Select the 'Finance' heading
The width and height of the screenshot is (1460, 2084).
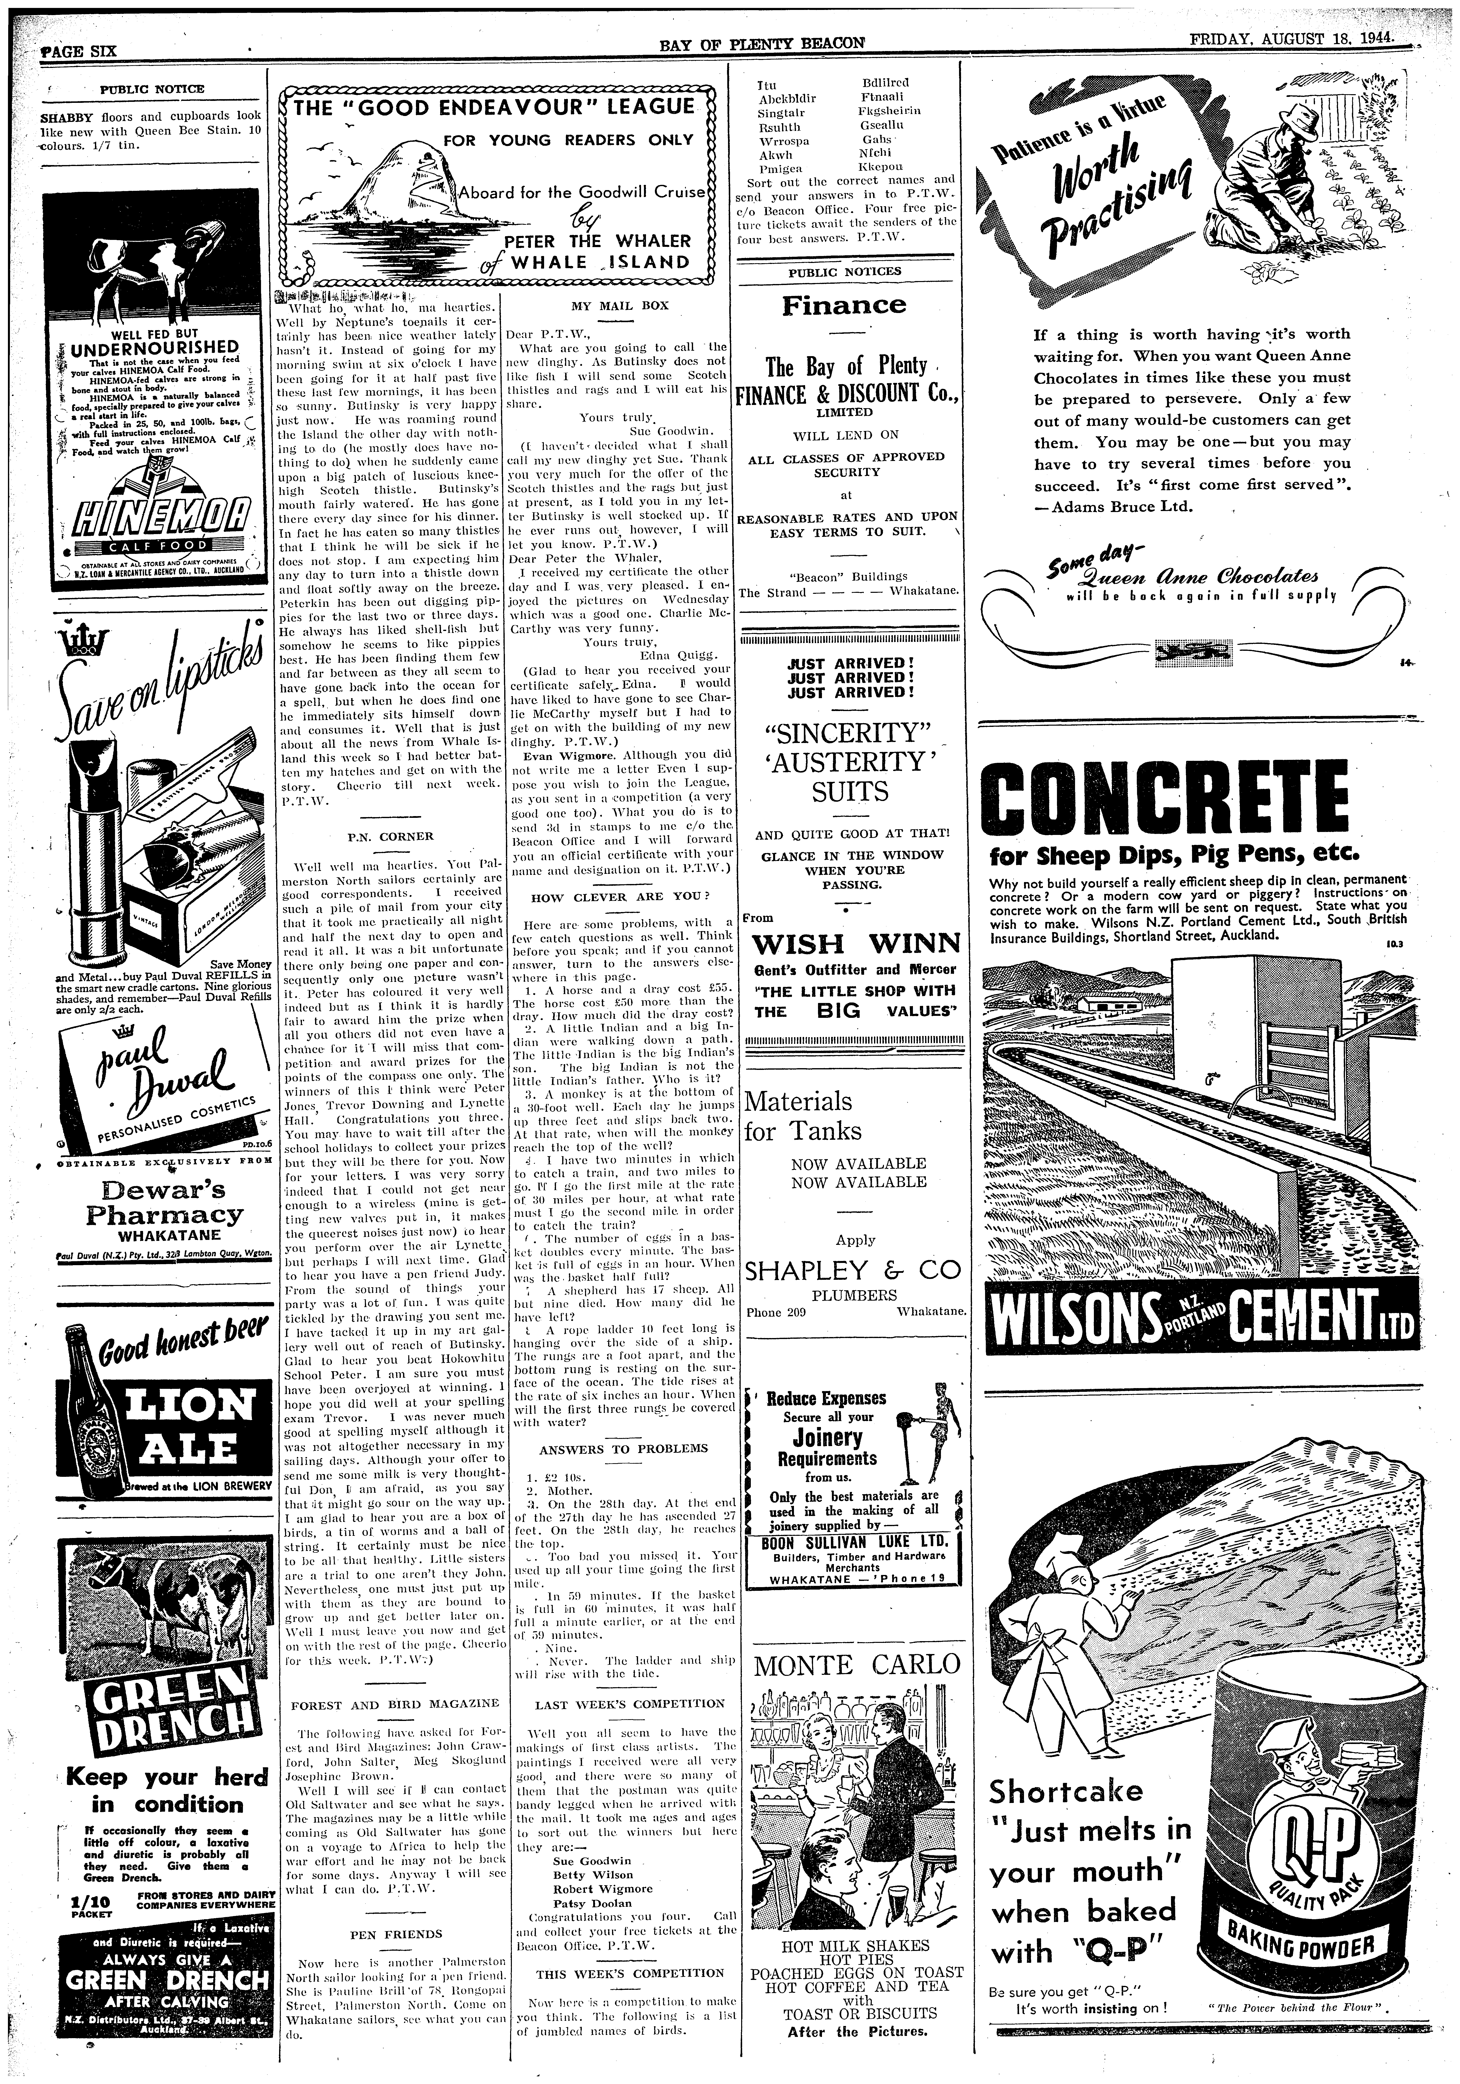pos(844,305)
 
